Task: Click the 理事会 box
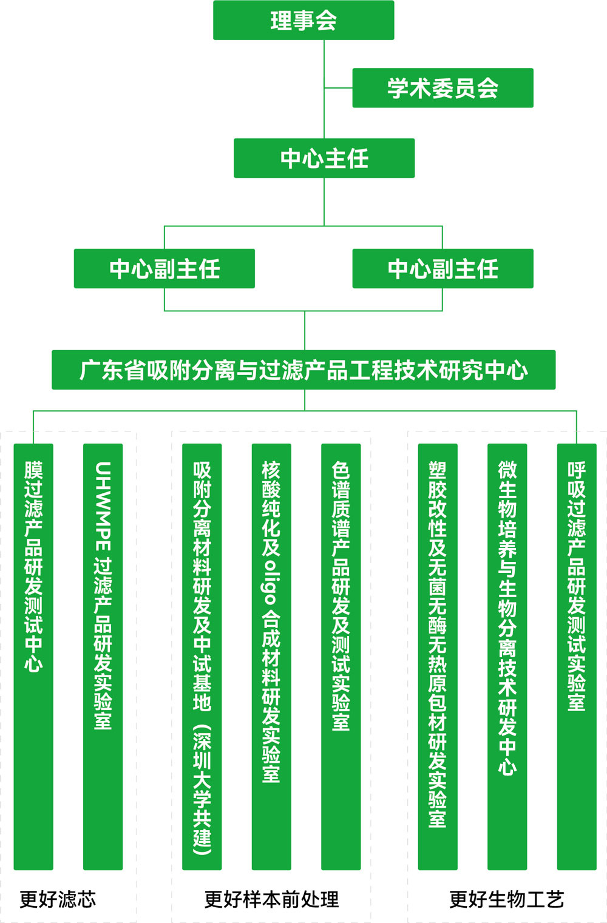[303, 20]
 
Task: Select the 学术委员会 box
[443, 88]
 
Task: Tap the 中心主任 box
[324, 158]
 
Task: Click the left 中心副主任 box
[164, 268]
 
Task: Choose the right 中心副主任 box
[443, 268]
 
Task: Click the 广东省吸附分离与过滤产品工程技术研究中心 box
[303, 370]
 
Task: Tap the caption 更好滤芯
[58, 899]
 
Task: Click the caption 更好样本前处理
[271, 899]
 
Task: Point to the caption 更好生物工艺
[507, 899]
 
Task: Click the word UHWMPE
[103, 507]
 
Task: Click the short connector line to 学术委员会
[338, 88]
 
